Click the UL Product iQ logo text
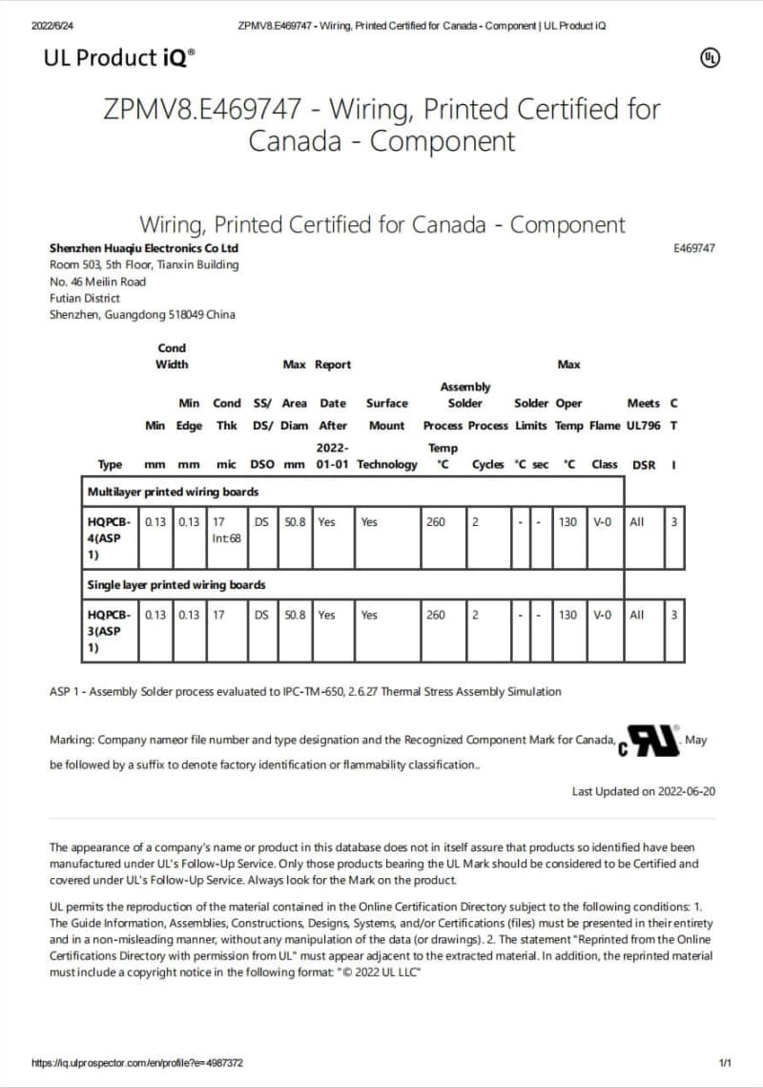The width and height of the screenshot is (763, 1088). (119, 58)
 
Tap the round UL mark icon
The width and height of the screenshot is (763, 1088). (710, 58)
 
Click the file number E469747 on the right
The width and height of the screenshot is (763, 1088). (693, 248)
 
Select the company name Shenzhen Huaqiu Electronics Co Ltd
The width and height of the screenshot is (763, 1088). (144, 248)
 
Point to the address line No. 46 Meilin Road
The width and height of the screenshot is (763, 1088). (97, 282)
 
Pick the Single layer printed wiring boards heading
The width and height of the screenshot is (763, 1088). (175, 584)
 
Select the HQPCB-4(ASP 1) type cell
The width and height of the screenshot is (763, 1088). (108, 537)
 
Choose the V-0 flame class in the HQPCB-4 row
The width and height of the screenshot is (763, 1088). (603, 522)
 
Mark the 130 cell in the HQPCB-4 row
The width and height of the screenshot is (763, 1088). (567, 522)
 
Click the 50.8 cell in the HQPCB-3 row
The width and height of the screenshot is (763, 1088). (294, 615)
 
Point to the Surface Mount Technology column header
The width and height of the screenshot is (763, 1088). (386, 433)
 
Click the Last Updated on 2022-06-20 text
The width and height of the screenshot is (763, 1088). (643, 791)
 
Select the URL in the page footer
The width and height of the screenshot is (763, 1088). (136, 1062)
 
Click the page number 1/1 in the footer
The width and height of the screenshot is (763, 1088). (724, 1062)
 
